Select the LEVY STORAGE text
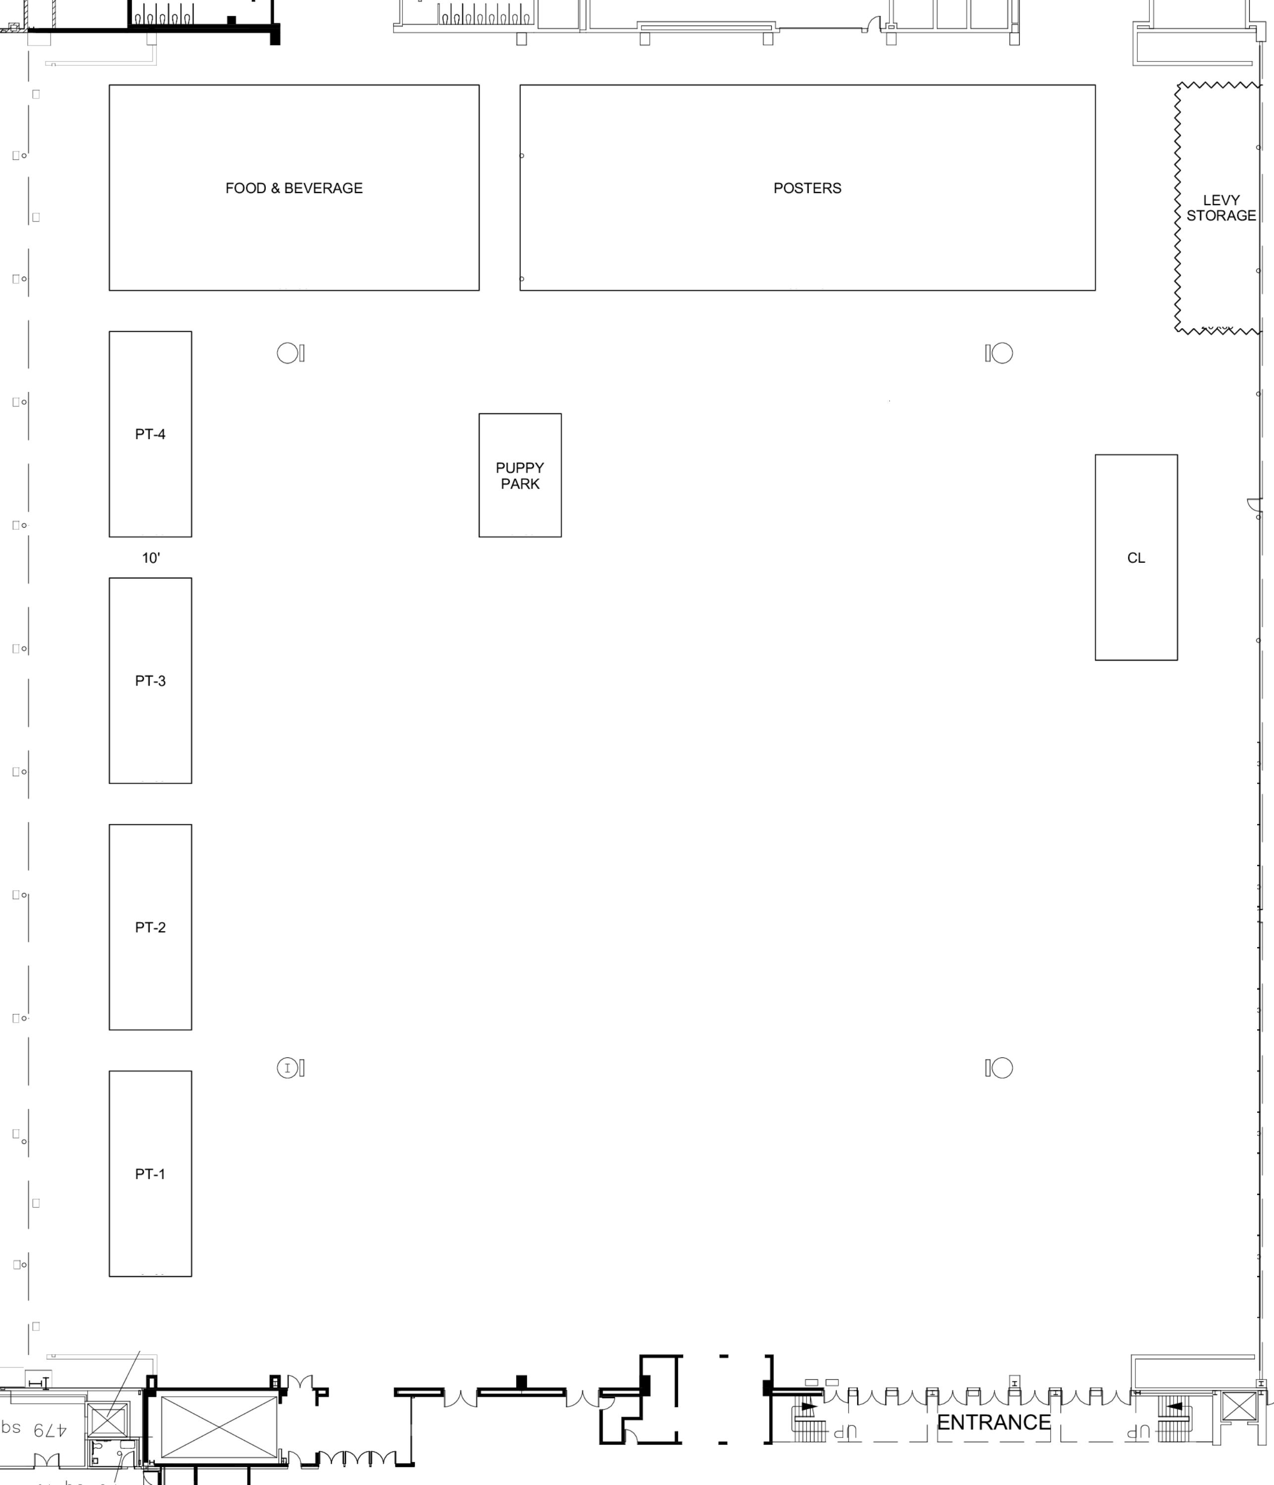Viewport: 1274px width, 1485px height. pyautogui.click(x=1221, y=208)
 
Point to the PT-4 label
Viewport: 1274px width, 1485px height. pyautogui.click(x=150, y=434)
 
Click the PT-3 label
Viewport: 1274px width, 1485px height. pyautogui.click(x=150, y=681)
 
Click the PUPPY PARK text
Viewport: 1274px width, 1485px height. pyautogui.click(x=520, y=476)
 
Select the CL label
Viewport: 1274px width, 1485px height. pyautogui.click(x=1136, y=557)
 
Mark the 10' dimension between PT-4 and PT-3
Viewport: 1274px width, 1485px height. pyautogui.click(x=151, y=557)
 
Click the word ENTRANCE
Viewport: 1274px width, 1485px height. pyautogui.click(x=993, y=1422)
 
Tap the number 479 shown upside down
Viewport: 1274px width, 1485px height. pyautogui.click(x=49, y=1430)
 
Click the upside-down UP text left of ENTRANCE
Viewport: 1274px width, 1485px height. pyautogui.click(x=845, y=1431)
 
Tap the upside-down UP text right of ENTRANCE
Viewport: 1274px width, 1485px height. pyautogui.click(x=1138, y=1431)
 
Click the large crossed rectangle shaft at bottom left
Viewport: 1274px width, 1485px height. pyautogui.click(x=219, y=1426)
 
